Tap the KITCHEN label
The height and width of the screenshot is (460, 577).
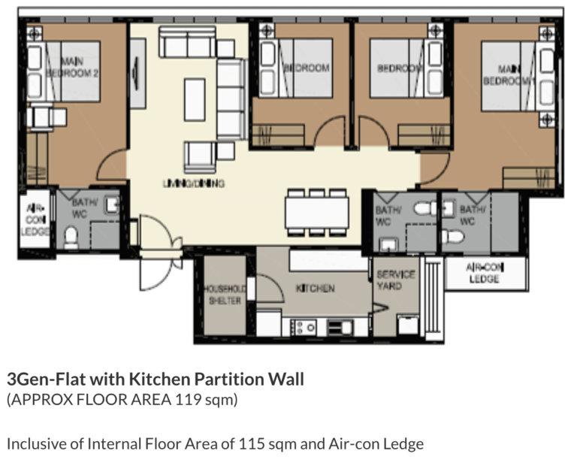click(x=315, y=288)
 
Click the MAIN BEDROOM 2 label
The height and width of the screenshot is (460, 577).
click(x=72, y=67)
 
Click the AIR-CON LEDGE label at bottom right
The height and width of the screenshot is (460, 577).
click(x=484, y=273)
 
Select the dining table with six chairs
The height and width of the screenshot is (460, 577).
click(x=316, y=211)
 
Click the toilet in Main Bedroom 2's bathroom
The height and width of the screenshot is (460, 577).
click(x=72, y=238)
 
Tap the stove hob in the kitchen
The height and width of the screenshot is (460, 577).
click(x=307, y=327)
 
